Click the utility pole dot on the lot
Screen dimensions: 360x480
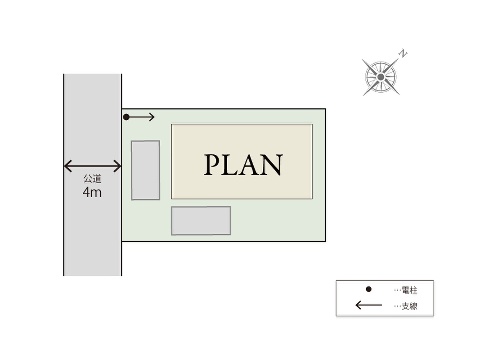[126, 117]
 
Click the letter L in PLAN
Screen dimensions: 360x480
[231, 165]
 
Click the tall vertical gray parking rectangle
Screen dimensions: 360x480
[145, 170]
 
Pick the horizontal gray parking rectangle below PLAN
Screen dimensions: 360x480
[201, 220]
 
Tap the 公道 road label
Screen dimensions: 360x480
[92, 179]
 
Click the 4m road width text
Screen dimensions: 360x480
[92, 192]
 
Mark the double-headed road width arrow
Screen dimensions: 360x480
[92, 166]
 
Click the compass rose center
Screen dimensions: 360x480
[381, 77]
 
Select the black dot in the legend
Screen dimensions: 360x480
[368, 289]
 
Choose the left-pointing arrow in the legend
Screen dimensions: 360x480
[368, 306]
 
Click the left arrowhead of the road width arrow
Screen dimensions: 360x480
[67, 166]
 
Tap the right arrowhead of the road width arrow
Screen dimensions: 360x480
[118, 166]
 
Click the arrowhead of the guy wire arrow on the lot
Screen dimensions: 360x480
[152, 117]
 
